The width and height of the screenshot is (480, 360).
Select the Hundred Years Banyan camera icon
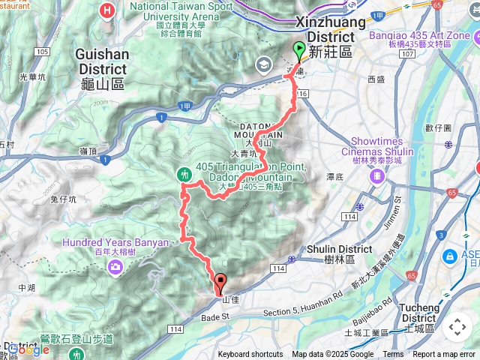[x=115, y=267]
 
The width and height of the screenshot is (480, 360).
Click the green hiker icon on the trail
[x=184, y=174]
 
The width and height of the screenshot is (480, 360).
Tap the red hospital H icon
[x=108, y=11]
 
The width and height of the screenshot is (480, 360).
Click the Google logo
[x=28, y=349]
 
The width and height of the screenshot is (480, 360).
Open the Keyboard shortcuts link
[x=250, y=355]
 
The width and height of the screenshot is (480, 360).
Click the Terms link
[x=393, y=355]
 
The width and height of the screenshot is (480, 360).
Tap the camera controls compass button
[x=457, y=327]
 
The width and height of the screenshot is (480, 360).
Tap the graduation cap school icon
[x=263, y=64]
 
